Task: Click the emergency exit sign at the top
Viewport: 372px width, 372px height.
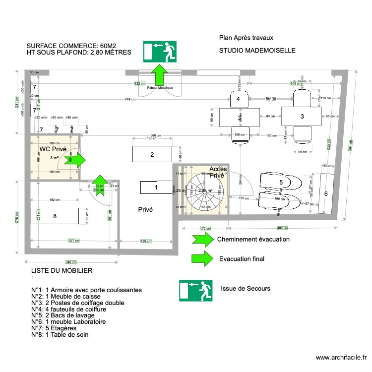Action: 160,52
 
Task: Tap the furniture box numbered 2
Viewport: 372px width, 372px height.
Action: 152,154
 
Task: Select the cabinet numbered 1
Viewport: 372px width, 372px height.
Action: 156,187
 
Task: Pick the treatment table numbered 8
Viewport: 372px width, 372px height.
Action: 55,216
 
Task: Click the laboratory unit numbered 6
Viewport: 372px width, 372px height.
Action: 326,194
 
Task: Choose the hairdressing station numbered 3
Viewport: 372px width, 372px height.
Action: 302,117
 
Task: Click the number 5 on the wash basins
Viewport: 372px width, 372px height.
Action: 281,183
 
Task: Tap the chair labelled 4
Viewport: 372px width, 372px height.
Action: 239,100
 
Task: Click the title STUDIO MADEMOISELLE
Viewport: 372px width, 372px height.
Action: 257,51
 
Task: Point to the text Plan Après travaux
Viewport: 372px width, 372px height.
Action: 246,37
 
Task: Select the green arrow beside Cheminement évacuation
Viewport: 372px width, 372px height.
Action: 202,239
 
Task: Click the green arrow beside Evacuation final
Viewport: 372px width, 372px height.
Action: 202,258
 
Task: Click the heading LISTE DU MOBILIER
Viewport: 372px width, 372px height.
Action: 62,271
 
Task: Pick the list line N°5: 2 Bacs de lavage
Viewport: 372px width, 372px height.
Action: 69,315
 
